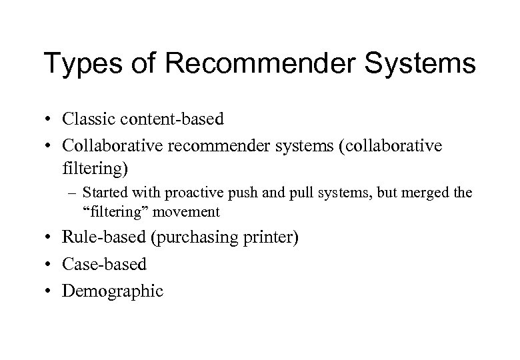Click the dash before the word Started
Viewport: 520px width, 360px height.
tap(73, 193)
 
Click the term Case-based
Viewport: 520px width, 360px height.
tap(105, 265)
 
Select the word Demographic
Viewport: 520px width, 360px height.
tap(113, 291)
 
